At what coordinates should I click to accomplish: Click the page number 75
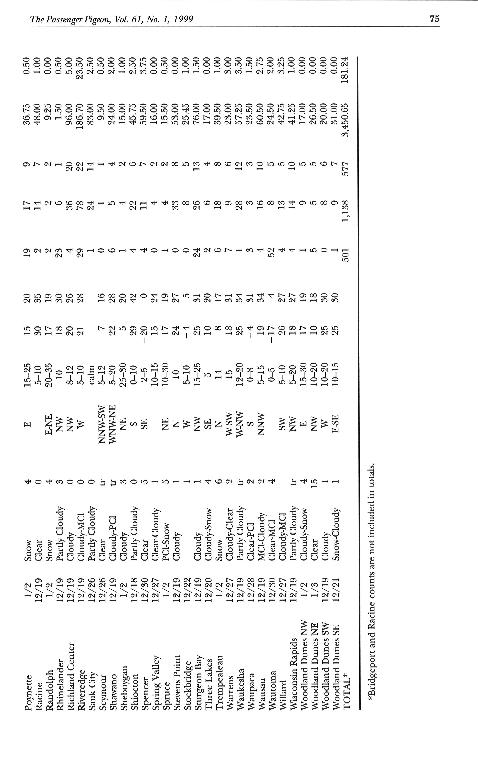[x=434, y=19]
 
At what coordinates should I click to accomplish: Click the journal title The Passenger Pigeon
[x=76, y=20]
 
